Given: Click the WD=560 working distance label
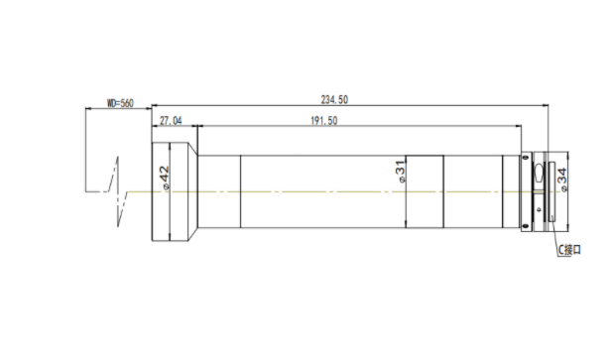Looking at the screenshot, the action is pos(120,103).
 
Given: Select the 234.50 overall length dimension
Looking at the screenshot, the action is pos(334,100).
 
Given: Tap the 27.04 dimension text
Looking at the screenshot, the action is pos(171,121).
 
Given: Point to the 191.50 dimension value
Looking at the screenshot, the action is pos(324,121).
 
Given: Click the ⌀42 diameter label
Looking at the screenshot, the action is pos(165,178).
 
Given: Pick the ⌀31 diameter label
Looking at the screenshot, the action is pos(401,172).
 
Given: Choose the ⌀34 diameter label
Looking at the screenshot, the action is pos(562,180).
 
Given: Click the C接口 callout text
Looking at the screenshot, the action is pos(569,250).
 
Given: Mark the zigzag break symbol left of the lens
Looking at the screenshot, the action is pos(118,191).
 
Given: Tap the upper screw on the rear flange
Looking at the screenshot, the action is pos(526,158).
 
